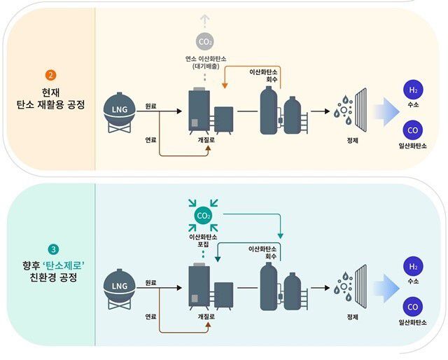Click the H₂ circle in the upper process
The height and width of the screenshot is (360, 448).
[x=412, y=90]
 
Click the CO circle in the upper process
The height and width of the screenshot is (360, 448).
[x=412, y=130]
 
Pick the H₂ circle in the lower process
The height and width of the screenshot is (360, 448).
[x=412, y=267]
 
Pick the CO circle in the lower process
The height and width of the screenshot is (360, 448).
[x=412, y=307]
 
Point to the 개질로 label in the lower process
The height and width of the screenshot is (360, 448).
[x=204, y=317]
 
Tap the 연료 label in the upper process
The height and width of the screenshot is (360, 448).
[x=150, y=139]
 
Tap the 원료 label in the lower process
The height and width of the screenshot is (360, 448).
[x=150, y=282]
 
